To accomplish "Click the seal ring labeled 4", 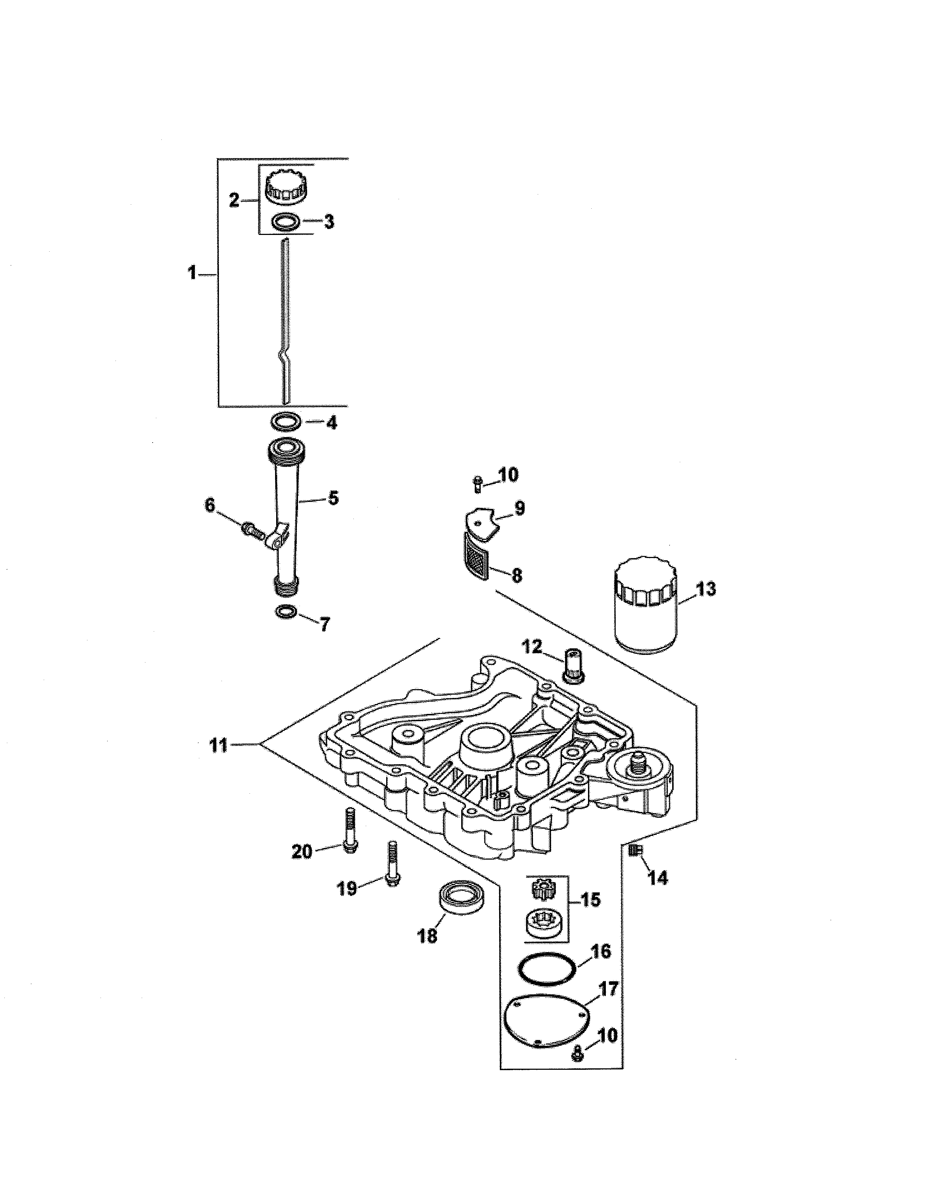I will [x=286, y=423].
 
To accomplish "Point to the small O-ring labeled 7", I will [x=286, y=612].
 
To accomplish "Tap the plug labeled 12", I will [x=572, y=664].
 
